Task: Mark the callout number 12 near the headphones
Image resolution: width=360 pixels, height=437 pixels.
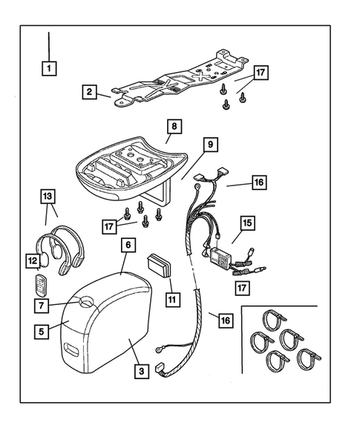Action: point(32,260)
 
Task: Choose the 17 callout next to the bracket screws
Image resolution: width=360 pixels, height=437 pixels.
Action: point(260,73)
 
